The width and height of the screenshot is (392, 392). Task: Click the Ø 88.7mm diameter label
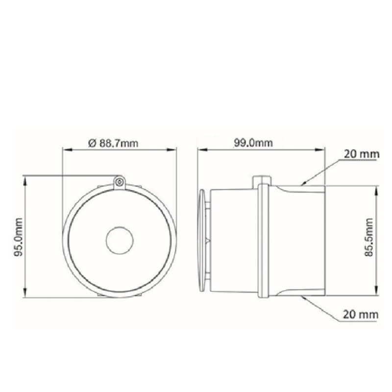113,143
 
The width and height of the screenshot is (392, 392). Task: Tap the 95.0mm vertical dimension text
18,237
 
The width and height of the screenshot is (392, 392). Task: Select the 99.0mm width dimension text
253,143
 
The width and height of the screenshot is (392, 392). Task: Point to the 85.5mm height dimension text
369,237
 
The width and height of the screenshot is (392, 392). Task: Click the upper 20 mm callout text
362,154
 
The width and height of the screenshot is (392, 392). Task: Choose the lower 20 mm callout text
361,314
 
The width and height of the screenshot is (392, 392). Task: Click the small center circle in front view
120,240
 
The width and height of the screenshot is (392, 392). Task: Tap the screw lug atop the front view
120,182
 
